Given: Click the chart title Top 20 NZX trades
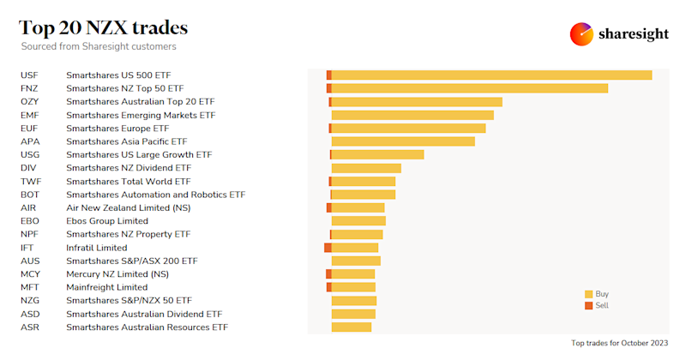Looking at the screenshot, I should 104,27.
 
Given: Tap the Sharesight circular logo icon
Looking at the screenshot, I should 582,34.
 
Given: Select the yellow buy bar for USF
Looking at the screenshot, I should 491,75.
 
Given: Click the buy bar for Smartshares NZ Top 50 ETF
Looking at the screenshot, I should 469,88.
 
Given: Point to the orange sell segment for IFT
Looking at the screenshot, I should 328,248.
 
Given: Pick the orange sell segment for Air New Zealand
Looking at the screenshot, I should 328,207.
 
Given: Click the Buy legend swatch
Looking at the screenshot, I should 588,294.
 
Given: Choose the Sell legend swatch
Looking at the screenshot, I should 588,305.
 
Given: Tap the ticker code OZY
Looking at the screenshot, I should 30,102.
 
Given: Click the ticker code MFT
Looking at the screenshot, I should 30,287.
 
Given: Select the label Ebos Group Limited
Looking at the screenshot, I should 107,221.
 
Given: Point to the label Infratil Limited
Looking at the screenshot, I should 96,248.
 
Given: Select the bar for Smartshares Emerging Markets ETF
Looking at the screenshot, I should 412,115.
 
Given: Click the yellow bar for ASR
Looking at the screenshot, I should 352,327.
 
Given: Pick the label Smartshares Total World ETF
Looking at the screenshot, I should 129,182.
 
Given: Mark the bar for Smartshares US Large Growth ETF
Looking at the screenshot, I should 377,154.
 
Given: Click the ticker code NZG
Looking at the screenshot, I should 30,301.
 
